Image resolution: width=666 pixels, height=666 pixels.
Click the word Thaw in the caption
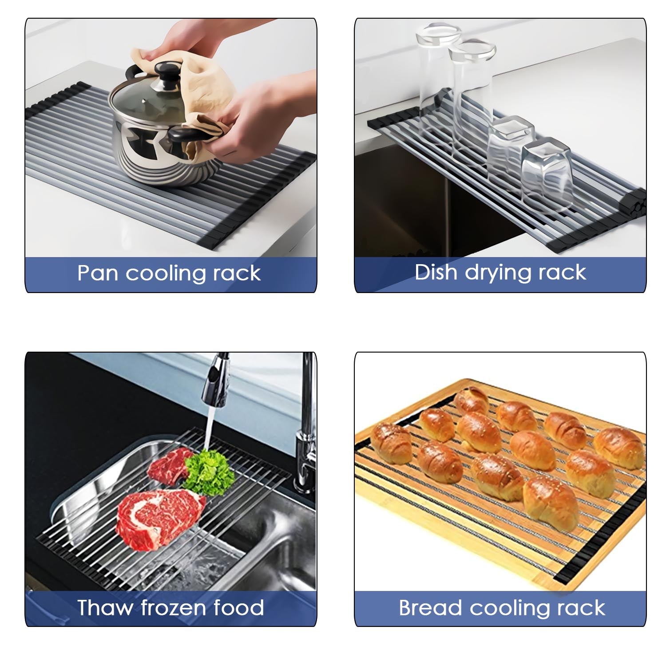point(104,607)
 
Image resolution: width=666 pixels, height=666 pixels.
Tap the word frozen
point(173,607)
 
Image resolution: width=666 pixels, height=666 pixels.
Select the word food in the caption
point(239,607)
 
